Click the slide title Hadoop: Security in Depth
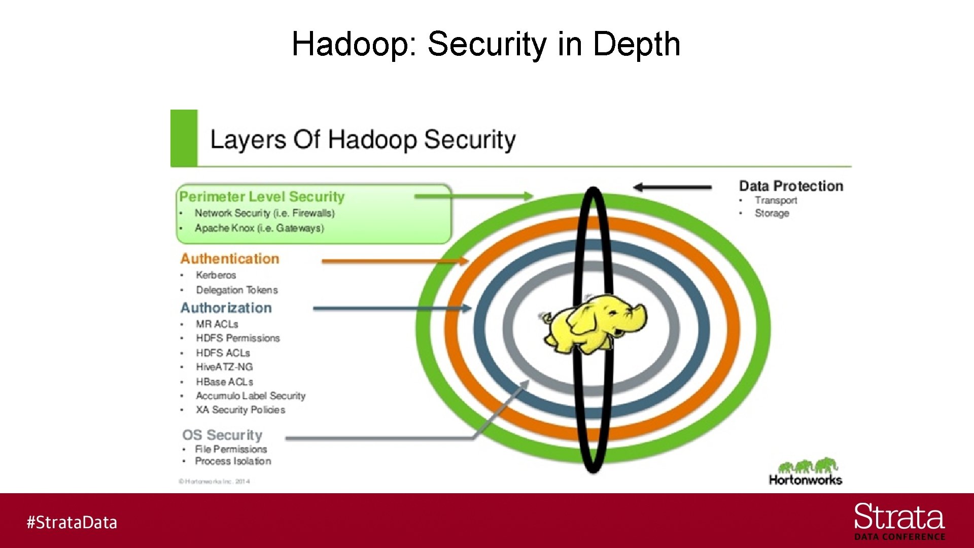pyautogui.click(x=485, y=44)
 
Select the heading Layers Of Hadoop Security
pyautogui.click(x=363, y=140)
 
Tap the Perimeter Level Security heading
pyautogui.click(x=262, y=197)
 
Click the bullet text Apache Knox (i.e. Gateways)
pyautogui.click(x=259, y=228)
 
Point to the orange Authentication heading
pyautogui.click(x=230, y=259)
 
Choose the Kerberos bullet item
pyautogui.click(x=216, y=275)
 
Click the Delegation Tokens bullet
pyautogui.click(x=237, y=290)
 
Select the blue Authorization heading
pyautogui.click(x=226, y=308)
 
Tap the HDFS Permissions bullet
pyautogui.click(x=238, y=338)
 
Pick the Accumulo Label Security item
pyautogui.click(x=251, y=396)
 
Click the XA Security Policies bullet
pyautogui.click(x=240, y=410)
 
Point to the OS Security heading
pyautogui.click(x=222, y=435)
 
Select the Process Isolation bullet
pyautogui.click(x=233, y=461)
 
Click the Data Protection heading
pyautogui.click(x=791, y=186)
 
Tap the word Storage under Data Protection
pyautogui.click(x=772, y=214)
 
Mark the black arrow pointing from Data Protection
pyautogui.click(x=672, y=187)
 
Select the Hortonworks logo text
pyautogui.click(x=805, y=480)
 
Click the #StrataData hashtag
pyautogui.click(x=72, y=523)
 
